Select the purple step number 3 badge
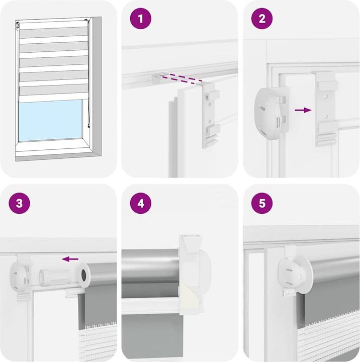click(20, 204)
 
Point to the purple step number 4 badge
click(141, 204)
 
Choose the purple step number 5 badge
click(262, 204)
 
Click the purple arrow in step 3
click(70, 259)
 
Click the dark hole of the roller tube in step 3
click(81, 275)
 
